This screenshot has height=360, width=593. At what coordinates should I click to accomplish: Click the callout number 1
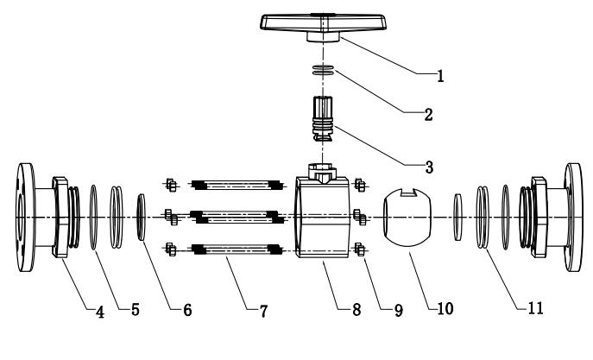point(440,76)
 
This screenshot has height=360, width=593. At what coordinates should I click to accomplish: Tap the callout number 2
point(428,115)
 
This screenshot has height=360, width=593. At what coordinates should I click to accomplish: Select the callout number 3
point(429,167)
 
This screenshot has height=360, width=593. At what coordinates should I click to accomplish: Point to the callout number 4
point(100,312)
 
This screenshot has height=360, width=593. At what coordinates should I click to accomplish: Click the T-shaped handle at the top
point(324,28)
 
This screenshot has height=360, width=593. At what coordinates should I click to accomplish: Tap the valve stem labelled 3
point(323,119)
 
